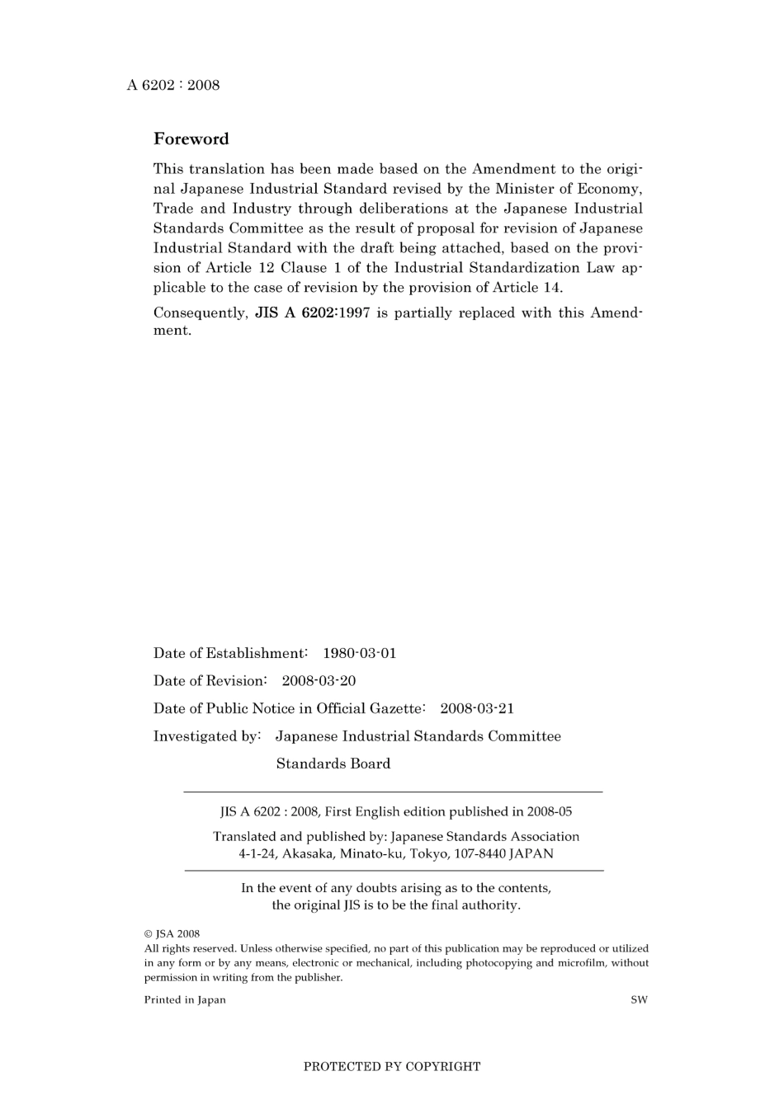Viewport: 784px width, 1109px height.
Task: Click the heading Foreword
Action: click(x=191, y=139)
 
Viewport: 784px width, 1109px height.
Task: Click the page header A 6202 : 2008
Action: click(x=173, y=85)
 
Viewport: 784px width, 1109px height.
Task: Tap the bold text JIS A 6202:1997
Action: click(x=312, y=312)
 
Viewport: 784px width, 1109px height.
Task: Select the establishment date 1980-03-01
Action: click(x=359, y=653)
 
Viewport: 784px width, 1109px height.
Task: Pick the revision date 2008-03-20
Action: click(x=319, y=681)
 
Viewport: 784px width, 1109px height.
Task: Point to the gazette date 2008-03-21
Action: click(x=477, y=708)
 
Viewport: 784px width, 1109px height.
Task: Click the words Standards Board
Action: click(x=333, y=764)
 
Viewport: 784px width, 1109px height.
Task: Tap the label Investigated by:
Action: click(x=207, y=736)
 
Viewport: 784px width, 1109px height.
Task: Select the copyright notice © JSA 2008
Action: click(x=172, y=934)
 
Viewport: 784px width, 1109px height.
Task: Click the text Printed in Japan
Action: click(x=185, y=1000)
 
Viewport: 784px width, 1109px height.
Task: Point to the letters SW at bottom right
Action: click(x=639, y=1000)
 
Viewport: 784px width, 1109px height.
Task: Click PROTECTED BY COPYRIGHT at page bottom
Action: click(x=392, y=1066)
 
